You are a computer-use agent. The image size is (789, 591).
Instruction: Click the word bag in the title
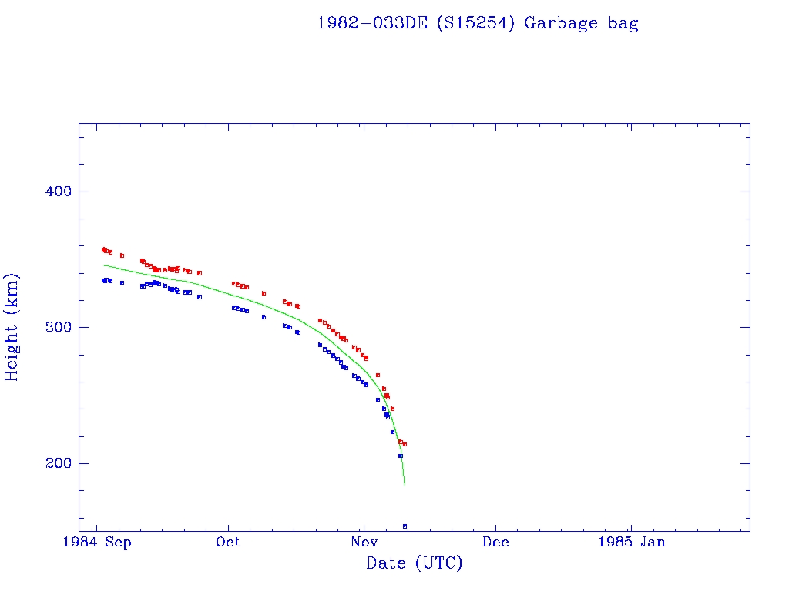[x=623, y=24]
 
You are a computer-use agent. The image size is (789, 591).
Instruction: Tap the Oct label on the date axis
[x=228, y=542]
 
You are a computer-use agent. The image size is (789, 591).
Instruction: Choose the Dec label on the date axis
[x=495, y=542]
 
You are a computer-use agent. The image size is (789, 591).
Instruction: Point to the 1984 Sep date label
[x=96, y=542]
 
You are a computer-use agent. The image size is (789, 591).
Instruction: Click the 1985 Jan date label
[x=633, y=542]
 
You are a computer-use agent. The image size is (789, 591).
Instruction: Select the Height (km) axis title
[x=12, y=327]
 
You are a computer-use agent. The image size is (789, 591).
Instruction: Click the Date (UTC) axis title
[x=415, y=563]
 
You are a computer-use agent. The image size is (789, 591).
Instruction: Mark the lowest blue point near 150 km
[x=405, y=526]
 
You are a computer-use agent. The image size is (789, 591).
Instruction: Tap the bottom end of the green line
[x=405, y=486]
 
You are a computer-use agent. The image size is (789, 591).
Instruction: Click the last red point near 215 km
[x=405, y=444]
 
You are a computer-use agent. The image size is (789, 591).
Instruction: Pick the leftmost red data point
[x=103, y=249]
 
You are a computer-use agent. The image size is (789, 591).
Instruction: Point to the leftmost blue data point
[x=103, y=281]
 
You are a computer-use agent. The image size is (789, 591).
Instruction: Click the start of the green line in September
[x=104, y=265]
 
